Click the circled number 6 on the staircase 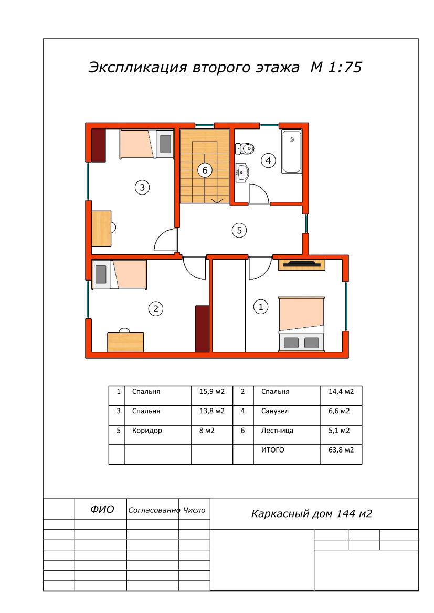205,170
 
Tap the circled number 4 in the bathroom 268,160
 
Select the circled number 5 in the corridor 239,230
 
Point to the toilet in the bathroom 245,148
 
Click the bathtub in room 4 292,152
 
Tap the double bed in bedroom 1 301,324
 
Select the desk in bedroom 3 101,229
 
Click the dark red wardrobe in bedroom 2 202,328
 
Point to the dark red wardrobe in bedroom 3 98,145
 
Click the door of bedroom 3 165,239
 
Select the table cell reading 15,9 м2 211,391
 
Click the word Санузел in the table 274,411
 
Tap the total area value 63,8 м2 341,450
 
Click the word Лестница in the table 277,431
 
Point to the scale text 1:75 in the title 345,67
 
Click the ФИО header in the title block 102,509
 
